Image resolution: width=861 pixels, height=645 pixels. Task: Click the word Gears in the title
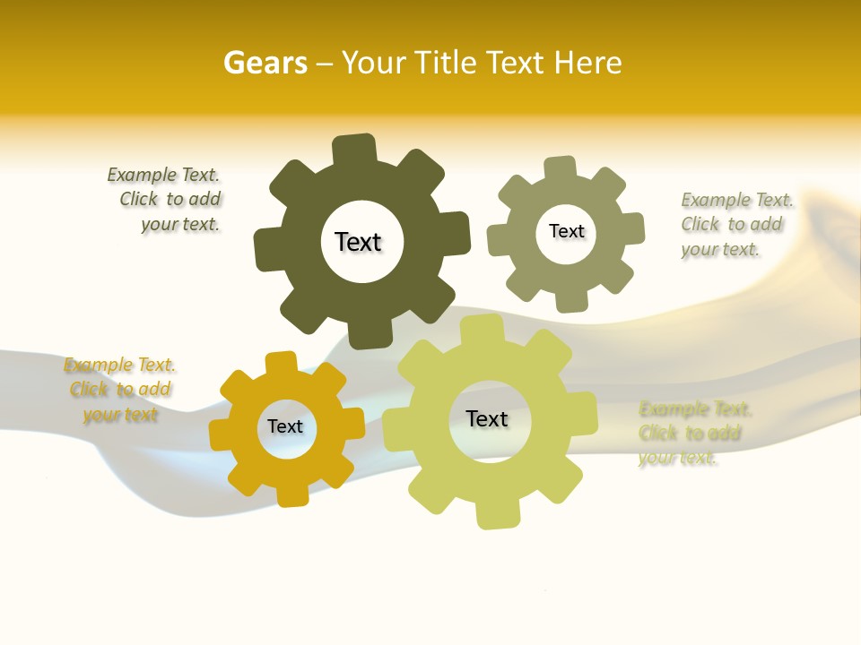click(x=265, y=63)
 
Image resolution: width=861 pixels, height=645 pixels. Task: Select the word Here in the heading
click(x=587, y=63)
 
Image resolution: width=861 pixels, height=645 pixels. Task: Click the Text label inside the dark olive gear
click(x=358, y=242)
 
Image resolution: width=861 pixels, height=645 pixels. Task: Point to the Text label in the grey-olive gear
click(x=566, y=231)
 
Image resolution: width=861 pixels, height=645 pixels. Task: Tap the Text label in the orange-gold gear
click(x=285, y=426)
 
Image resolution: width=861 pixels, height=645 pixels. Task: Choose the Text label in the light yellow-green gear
click(x=487, y=418)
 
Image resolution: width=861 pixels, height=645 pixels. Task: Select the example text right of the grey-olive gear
click(x=735, y=224)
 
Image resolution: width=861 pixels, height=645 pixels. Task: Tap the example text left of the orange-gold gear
click(x=119, y=390)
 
